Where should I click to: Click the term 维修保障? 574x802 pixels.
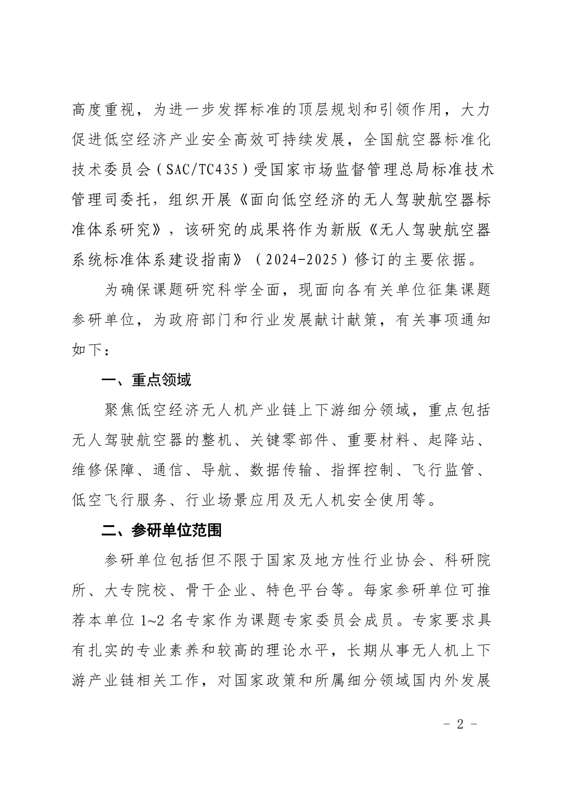pyautogui.click(x=103, y=470)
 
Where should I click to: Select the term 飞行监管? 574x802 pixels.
pyautogui.click(x=444, y=470)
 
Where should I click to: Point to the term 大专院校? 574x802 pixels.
pyautogui.click(x=136, y=590)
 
